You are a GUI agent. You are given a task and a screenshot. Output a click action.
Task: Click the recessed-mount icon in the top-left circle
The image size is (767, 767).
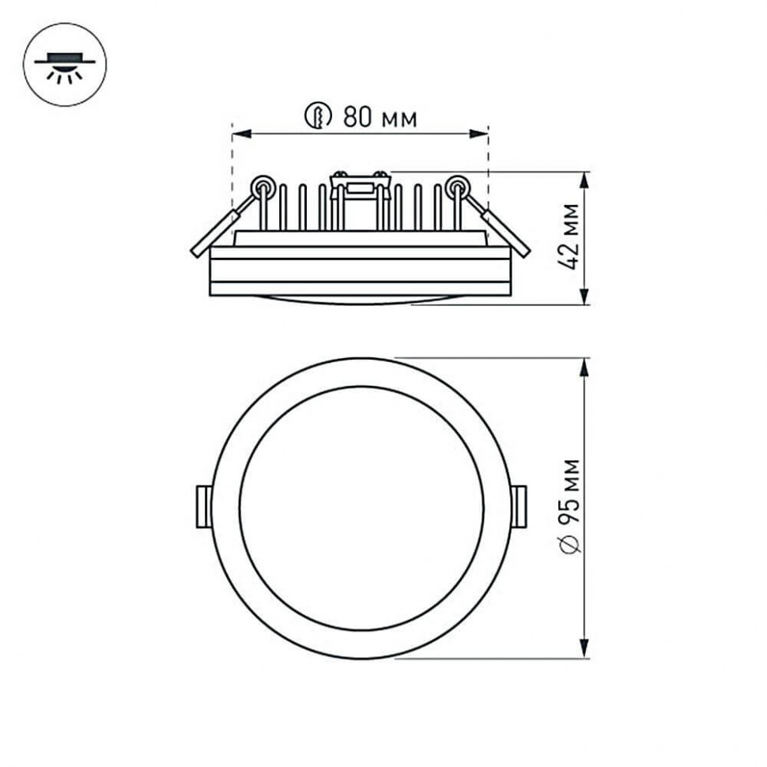click(65, 64)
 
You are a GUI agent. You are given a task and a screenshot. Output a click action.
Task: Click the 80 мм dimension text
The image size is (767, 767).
click(380, 118)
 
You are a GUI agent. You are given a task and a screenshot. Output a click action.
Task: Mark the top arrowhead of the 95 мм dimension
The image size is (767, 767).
click(584, 366)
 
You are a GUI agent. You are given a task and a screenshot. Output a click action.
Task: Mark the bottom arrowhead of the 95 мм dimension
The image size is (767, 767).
click(584, 649)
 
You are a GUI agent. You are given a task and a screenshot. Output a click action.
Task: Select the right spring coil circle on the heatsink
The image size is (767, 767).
click(456, 187)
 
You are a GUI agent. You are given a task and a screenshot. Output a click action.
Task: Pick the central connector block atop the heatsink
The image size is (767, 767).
click(361, 187)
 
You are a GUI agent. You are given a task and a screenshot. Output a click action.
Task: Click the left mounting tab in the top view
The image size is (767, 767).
click(203, 507)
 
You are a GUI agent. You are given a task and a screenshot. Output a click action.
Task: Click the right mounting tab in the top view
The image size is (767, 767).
click(519, 507)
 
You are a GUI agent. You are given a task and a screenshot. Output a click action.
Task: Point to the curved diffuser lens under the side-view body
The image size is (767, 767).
click(361, 300)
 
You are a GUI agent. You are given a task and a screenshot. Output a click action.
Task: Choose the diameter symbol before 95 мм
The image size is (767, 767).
click(569, 544)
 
